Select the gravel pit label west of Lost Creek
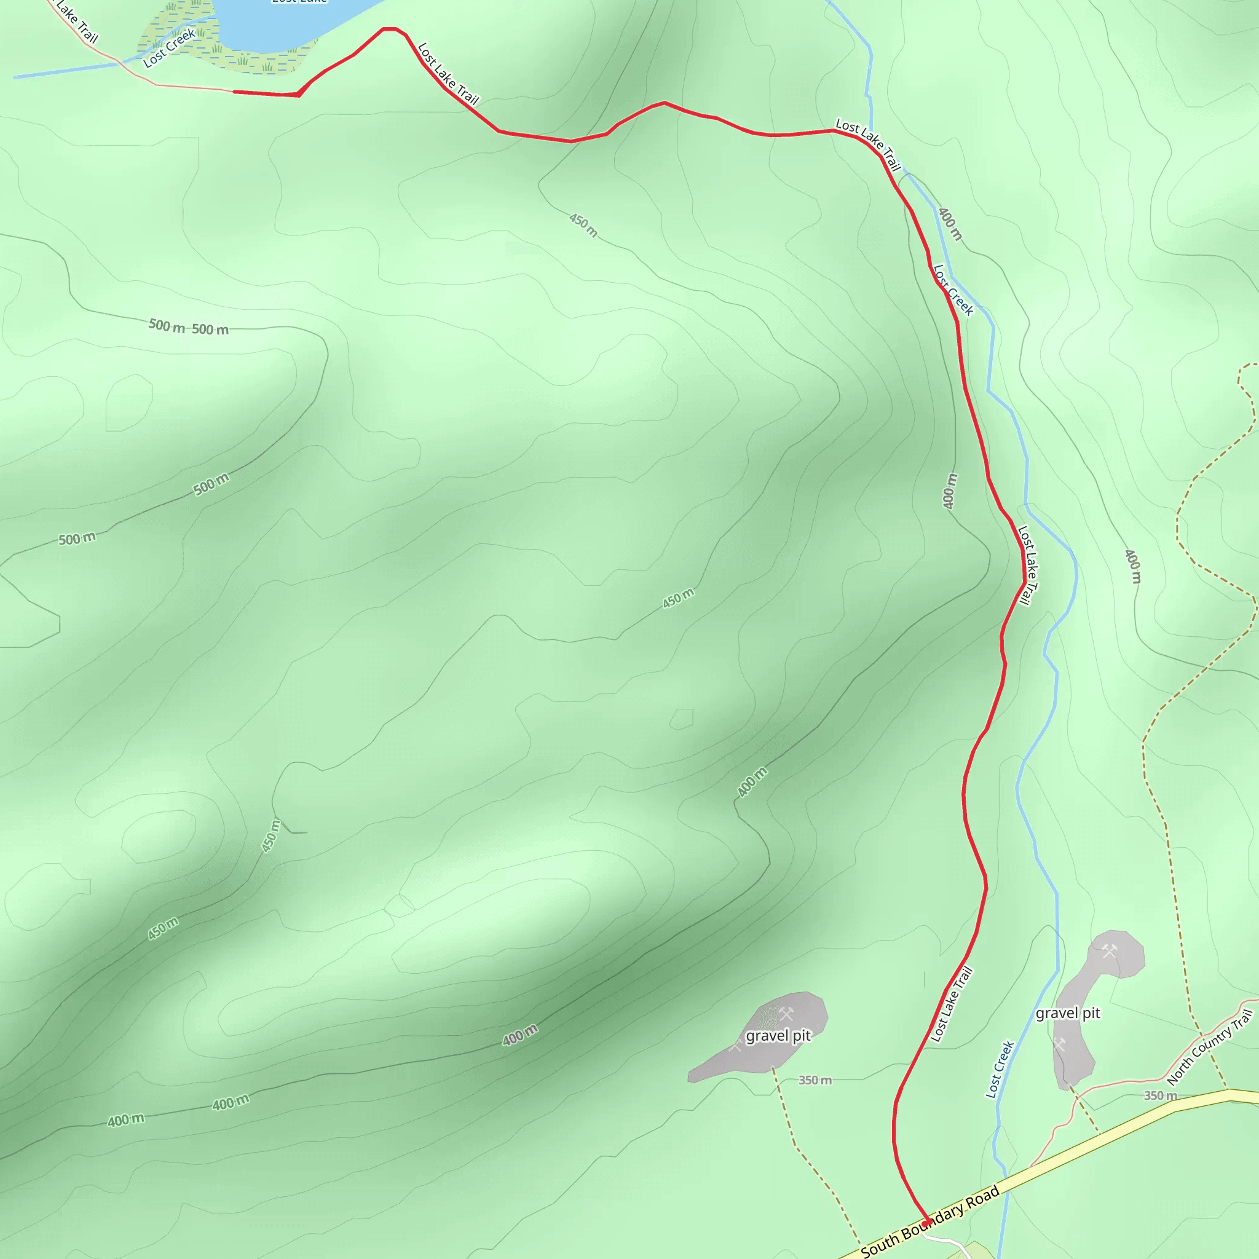[x=778, y=1035]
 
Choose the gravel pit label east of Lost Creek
[x=1067, y=1012]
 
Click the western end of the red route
[x=235, y=92]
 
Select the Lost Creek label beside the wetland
[x=170, y=48]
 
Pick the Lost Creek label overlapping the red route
[x=953, y=290]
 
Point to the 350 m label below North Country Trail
[x=1161, y=1095]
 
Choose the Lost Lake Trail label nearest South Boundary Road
[x=952, y=1003]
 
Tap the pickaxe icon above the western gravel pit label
[x=786, y=1013]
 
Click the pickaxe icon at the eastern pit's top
[x=1110, y=951]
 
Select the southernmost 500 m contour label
[x=77, y=539]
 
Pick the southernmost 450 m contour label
[x=163, y=928]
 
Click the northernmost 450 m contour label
[x=583, y=225]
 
